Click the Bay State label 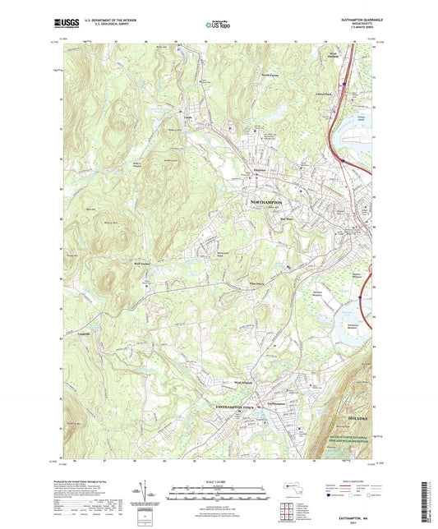[x=288, y=218]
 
